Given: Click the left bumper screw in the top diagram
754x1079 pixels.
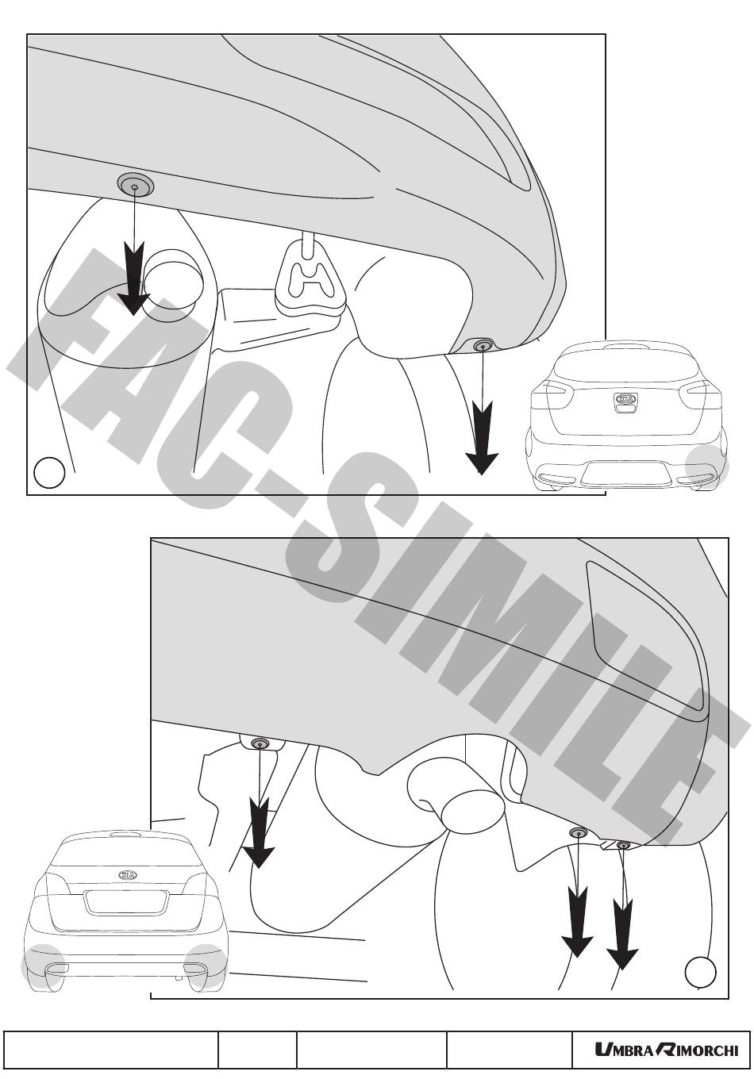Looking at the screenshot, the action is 135,185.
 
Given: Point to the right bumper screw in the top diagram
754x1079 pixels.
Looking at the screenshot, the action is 483,345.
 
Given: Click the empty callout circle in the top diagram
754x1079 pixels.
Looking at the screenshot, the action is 50,473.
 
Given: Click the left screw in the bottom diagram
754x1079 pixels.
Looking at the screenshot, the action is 260,744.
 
